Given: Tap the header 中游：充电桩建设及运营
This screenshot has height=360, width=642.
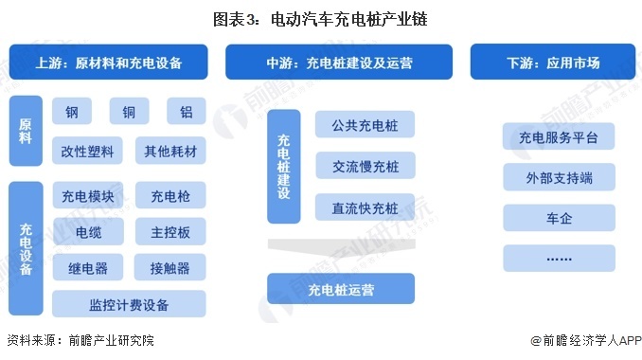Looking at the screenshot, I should (x=339, y=63).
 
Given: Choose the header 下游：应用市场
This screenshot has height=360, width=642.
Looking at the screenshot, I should (x=552, y=63).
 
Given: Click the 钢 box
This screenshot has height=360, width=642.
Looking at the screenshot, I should (x=72, y=112).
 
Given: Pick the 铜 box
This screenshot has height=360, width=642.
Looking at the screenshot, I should (x=129, y=112).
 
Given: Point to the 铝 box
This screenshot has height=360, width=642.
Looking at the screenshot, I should (x=186, y=112).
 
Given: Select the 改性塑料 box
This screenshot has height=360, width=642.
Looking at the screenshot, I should (x=88, y=151).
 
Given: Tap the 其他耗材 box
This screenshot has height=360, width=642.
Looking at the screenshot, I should (x=169, y=151).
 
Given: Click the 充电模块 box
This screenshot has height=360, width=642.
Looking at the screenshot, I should (x=88, y=197).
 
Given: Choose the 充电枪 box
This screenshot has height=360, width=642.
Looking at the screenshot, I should (x=169, y=197).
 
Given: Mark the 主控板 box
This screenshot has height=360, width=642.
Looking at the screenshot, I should (x=169, y=231).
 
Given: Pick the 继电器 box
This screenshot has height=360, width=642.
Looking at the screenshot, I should (x=88, y=266).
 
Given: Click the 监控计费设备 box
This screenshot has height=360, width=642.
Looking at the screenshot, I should (x=129, y=304).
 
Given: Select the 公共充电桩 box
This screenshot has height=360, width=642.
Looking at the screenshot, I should (x=365, y=125).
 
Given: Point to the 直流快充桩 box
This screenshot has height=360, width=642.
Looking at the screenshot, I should (x=365, y=208).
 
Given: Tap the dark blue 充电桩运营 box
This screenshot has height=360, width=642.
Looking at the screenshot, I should (x=341, y=288).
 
